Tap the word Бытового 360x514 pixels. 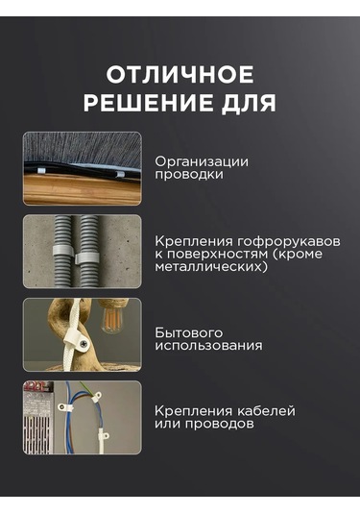pyautogui.click(x=184, y=331)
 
